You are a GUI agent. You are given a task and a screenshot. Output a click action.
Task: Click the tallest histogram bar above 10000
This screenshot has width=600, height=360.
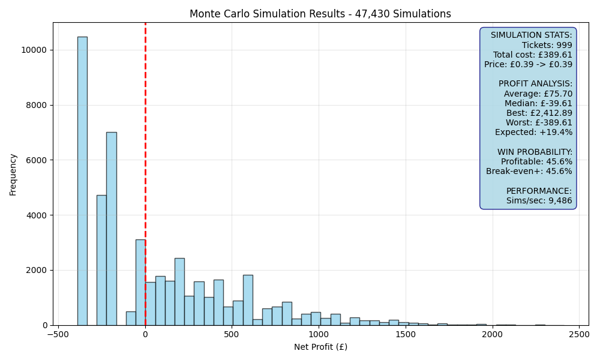coord(82,181)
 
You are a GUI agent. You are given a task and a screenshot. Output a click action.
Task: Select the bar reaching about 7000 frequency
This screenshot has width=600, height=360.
coord(112,229)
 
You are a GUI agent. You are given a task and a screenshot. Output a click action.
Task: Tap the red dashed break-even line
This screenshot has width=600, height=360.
coord(145,174)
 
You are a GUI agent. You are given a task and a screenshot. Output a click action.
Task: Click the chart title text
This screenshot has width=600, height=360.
coord(320,14)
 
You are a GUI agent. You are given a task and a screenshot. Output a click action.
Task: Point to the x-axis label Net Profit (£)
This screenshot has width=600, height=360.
coord(320,347)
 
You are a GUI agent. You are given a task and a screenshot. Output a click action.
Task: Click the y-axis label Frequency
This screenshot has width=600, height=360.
coord(13,175)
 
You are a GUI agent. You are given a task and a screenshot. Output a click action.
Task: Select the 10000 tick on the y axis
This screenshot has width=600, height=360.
coord(34,50)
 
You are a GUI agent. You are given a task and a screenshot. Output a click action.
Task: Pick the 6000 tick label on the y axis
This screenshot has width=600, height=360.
coord(37,160)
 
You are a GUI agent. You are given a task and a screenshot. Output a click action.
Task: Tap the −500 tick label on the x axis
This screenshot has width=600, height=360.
coord(58,334)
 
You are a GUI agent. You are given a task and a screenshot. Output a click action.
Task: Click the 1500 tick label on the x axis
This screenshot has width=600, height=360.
coord(406,334)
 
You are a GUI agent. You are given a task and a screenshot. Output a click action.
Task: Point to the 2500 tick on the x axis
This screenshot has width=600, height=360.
coord(579,334)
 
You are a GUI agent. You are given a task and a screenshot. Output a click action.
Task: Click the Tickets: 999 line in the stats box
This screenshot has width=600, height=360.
coord(547,45)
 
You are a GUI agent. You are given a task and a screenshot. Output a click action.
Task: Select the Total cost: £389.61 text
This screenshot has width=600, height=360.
coord(532,55)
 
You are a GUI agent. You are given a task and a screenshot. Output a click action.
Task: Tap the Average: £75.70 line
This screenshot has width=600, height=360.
coord(538,94)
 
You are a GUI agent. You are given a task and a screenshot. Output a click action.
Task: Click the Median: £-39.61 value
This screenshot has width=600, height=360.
coord(538,103)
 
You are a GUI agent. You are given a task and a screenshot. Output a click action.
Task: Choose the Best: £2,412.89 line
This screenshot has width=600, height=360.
coord(539,113)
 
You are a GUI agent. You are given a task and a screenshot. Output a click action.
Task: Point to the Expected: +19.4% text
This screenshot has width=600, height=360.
coord(534,133)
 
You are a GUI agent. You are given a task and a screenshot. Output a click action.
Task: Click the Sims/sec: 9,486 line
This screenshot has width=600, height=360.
coord(539,200)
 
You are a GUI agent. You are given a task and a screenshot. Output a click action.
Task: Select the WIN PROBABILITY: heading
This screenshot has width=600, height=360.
coord(535,152)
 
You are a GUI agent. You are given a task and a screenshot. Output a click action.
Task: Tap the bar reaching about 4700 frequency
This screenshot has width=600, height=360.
coord(101,260)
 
